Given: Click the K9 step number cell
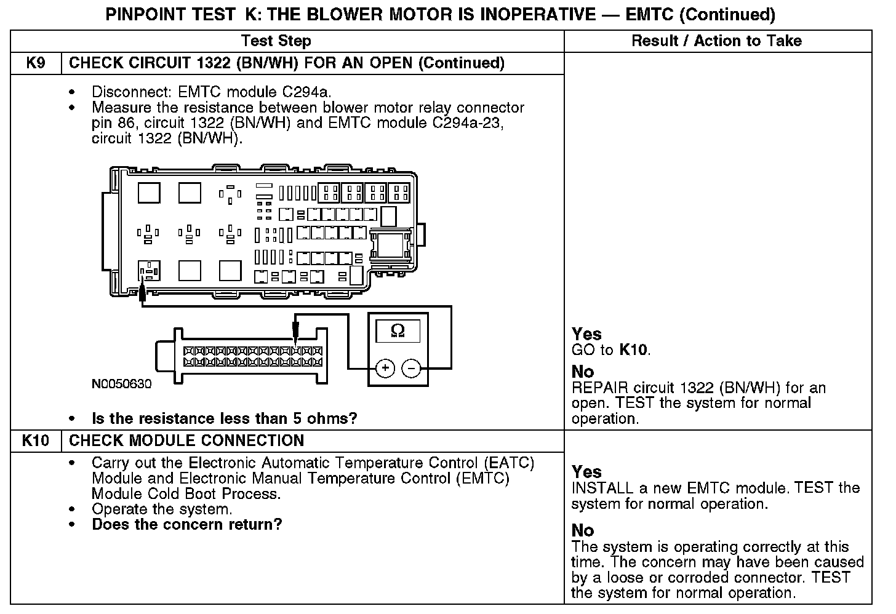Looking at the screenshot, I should [36, 63].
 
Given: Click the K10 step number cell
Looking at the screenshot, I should [36, 441].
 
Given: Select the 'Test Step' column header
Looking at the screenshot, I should [276, 41].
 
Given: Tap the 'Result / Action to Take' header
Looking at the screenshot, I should [716, 41].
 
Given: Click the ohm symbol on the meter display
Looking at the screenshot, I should [398, 331].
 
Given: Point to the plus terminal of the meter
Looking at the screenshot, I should [385, 369].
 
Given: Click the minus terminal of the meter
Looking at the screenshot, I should [411, 369].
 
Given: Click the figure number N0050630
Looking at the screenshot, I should [121, 384].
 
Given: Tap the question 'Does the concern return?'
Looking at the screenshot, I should [187, 525].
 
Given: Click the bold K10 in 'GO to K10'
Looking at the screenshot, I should [633, 350].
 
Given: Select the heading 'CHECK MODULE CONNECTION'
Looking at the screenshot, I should [186, 441].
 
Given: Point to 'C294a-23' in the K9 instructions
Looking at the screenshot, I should [468, 123].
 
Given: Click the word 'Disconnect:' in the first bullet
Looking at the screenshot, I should [132, 92].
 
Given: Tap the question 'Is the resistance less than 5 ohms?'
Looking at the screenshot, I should [224, 419].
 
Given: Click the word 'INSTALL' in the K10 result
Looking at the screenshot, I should [602, 488].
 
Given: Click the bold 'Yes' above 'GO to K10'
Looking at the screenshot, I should [586, 334].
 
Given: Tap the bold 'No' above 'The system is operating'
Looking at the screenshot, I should [583, 530].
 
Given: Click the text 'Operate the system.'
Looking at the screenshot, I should [162, 509].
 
